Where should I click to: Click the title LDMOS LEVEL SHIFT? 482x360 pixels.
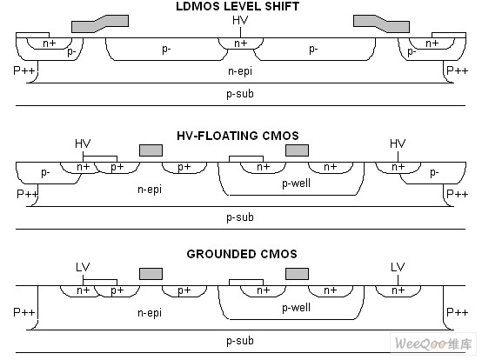pyautogui.click(x=238, y=6)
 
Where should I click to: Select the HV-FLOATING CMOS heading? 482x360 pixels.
pyautogui.click(x=238, y=136)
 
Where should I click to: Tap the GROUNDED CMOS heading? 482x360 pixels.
pyautogui.click(x=242, y=254)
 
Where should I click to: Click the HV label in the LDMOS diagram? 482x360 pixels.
pyautogui.click(x=240, y=21)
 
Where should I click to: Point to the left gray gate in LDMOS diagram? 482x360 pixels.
pyautogui.click(x=100, y=23)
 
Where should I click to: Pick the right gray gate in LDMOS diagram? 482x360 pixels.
pyautogui.click(x=381, y=23)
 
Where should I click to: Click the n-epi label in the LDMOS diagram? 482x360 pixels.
pyautogui.click(x=240, y=71)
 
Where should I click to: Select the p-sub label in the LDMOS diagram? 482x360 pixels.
pyautogui.click(x=240, y=94)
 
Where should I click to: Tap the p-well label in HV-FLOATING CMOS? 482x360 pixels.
pyautogui.click(x=297, y=183)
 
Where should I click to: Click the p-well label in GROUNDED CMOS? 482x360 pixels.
pyautogui.click(x=297, y=308)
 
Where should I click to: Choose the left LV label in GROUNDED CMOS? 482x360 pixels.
pyautogui.click(x=83, y=267)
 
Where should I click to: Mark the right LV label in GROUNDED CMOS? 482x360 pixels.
pyautogui.click(x=398, y=267)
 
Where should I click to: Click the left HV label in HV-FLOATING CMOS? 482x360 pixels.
pyautogui.click(x=83, y=143)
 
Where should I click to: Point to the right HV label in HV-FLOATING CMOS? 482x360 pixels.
pyautogui.click(x=398, y=143)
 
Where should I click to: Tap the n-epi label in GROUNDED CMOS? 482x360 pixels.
pyautogui.click(x=150, y=313)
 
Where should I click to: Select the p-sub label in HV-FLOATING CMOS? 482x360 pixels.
pyautogui.click(x=240, y=217)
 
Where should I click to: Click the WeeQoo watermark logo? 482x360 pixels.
pyautogui.click(x=433, y=343)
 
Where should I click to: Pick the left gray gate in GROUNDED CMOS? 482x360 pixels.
pyautogui.click(x=151, y=274)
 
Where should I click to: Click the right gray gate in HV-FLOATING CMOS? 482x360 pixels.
pyautogui.click(x=297, y=150)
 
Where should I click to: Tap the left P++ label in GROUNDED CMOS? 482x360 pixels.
pyautogui.click(x=24, y=312)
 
